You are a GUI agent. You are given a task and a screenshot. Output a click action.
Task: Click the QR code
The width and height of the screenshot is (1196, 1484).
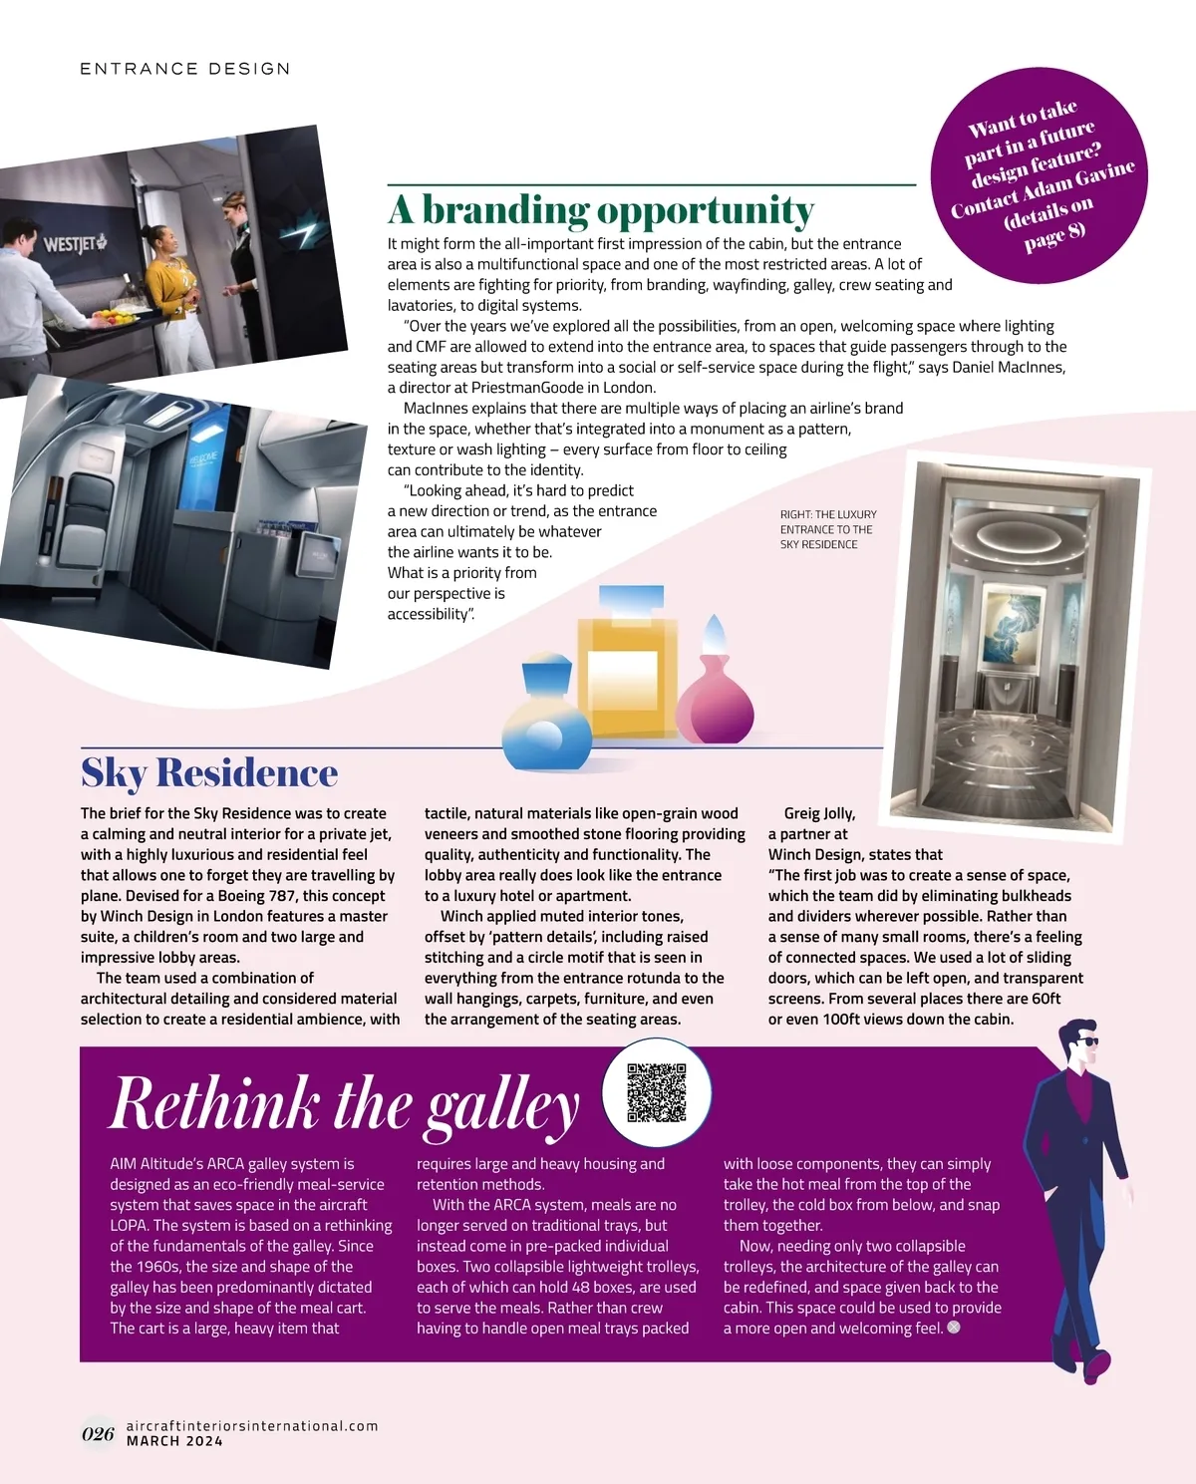pos(657,1093)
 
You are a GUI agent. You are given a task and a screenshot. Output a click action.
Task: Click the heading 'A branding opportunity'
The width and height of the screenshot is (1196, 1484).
pos(601,210)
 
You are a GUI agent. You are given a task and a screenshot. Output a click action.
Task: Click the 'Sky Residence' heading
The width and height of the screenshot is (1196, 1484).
pos(209,773)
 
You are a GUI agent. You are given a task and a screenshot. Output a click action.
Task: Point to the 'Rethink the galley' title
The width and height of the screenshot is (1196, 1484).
pos(344,1105)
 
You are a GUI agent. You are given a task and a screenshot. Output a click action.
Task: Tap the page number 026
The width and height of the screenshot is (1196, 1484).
pos(98,1434)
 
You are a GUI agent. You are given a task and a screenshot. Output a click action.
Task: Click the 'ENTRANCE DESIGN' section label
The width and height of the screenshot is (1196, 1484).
pos(185,69)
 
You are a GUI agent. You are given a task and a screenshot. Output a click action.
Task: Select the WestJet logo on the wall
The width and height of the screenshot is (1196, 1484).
pos(75,243)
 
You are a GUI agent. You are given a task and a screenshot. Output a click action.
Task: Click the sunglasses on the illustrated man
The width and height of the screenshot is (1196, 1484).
pos(1085,1041)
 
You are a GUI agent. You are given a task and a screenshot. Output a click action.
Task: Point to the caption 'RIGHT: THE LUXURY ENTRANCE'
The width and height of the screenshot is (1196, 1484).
pos(828,529)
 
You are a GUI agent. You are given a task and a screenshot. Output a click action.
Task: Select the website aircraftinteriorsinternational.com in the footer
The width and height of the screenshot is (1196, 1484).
pos(252,1426)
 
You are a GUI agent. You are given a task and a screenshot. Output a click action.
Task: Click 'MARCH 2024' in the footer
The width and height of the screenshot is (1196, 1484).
pos(174,1441)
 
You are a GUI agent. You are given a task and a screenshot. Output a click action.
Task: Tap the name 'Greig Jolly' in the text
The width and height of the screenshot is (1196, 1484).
pos(819,813)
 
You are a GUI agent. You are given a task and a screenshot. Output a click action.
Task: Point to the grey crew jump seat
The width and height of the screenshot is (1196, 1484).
pos(75,518)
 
